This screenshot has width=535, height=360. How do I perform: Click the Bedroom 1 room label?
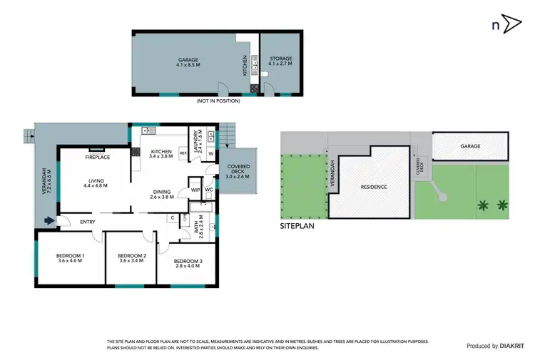(x=71, y=258)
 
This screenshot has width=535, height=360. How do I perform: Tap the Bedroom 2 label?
(x=132, y=258)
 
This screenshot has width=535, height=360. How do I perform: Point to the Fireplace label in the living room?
(x=97, y=157)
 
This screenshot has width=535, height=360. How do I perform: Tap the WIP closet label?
(x=195, y=190)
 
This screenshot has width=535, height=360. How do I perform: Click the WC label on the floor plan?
(x=209, y=190)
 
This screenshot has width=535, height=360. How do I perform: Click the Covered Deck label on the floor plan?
(x=238, y=173)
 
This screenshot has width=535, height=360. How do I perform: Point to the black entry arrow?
(x=49, y=221)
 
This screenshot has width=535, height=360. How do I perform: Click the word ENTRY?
(x=88, y=222)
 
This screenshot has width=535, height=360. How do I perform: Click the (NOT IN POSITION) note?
(x=218, y=101)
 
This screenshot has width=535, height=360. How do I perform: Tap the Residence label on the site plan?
(x=373, y=187)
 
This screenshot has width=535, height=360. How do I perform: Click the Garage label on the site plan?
(x=470, y=146)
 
